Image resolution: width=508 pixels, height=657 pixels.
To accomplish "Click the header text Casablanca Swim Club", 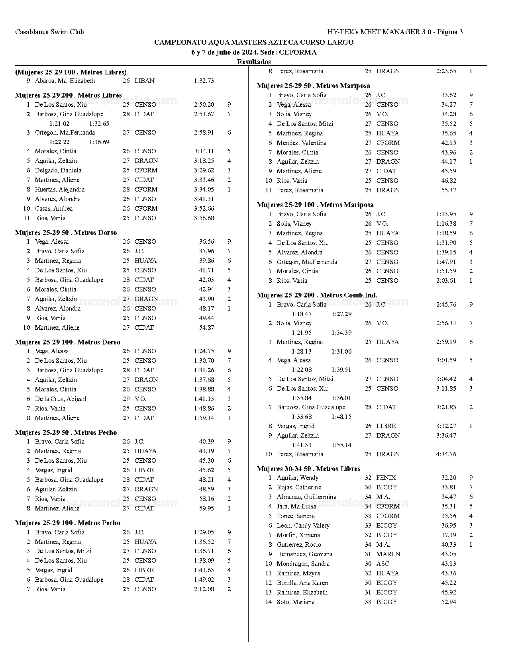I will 49,32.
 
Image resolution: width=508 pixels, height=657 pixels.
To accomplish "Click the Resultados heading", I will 254,62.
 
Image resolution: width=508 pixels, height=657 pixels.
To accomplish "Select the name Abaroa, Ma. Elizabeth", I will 65,81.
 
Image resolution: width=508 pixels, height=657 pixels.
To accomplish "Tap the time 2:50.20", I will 204,105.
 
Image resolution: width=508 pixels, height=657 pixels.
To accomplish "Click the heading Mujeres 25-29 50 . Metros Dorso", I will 66,233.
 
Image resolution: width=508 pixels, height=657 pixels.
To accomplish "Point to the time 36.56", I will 206,242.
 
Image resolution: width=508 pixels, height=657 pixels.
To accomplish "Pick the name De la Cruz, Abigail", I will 60,399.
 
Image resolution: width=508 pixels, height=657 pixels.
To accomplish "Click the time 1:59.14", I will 204,418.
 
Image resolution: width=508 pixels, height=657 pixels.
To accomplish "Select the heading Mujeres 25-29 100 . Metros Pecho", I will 67,523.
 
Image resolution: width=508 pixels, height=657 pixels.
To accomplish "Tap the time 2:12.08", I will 204,589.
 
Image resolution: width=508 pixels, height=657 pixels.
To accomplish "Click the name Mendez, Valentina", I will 301,143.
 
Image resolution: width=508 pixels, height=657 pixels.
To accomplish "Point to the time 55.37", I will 449,190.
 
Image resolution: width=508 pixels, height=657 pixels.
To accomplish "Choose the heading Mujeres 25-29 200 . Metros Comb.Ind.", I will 317,295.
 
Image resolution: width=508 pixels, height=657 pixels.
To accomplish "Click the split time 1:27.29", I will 341,314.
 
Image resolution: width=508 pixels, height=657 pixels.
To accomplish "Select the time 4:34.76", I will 446,454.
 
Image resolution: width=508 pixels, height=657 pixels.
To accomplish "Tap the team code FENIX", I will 386,478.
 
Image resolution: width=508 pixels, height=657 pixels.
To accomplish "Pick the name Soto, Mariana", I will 295,602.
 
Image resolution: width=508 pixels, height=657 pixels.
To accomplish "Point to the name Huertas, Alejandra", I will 59,190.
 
